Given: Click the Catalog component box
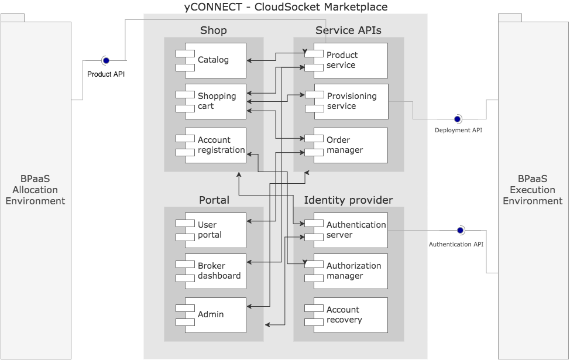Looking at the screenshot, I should (214, 60).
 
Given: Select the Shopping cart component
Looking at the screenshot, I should (214, 101).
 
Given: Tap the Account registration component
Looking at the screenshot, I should (214, 145).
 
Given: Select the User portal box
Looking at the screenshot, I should (214, 230).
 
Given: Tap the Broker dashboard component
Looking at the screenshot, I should (214, 271).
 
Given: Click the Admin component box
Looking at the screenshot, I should (214, 314).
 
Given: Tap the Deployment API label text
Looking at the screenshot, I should (458, 130).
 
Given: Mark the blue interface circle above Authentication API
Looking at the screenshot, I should (460, 230).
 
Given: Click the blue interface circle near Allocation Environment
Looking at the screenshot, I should (106, 60).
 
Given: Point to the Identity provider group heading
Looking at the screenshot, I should (348, 200).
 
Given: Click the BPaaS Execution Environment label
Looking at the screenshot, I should (533, 190).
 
